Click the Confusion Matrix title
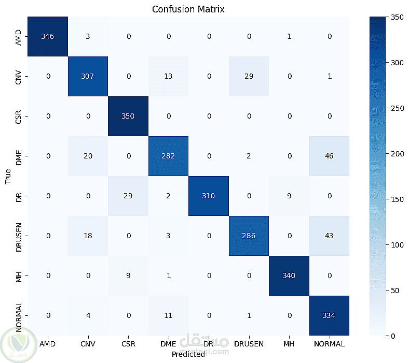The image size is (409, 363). click(x=188, y=9)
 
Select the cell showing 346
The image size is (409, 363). click(x=48, y=36)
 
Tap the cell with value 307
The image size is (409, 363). click(x=88, y=76)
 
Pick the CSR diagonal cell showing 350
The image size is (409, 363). click(x=128, y=116)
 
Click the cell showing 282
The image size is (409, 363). click(x=168, y=156)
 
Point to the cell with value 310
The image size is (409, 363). click(x=209, y=196)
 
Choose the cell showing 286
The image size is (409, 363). click(x=249, y=236)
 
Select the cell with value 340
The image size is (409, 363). click(x=289, y=275)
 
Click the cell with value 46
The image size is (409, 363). click(x=329, y=156)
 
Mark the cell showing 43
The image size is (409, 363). click(x=329, y=236)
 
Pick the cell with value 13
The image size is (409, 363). click(x=168, y=76)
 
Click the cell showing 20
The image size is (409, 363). click(x=88, y=156)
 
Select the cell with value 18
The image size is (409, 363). click(x=88, y=236)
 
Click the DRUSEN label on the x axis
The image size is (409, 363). click(x=249, y=343)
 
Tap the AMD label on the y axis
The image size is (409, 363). click(x=19, y=36)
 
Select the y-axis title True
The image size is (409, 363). click(x=8, y=176)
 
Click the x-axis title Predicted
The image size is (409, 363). click(x=188, y=354)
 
